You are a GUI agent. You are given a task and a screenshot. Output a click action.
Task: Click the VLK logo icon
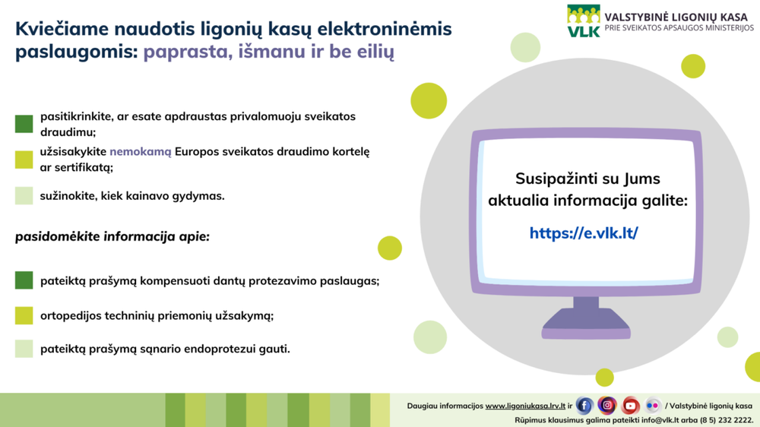pyautogui.click(x=584, y=21)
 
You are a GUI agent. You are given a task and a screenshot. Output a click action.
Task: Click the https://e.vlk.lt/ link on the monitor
pyautogui.click(x=584, y=233)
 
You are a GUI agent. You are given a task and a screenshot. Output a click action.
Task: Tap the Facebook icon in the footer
pyautogui.click(x=584, y=406)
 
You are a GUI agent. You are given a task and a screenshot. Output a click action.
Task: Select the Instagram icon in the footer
pyautogui.click(x=606, y=405)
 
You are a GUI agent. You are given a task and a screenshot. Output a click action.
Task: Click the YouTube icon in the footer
pyautogui.click(x=630, y=405)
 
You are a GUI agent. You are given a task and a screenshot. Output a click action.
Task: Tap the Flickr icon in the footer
pyautogui.click(x=653, y=405)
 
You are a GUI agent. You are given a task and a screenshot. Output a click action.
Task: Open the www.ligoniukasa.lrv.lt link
pyautogui.click(x=525, y=406)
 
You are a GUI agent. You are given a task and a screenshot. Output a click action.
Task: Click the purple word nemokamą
pyautogui.click(x=141, y=152)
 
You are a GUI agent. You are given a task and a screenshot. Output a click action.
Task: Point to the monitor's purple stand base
pyautogui.click(x=586, y=324)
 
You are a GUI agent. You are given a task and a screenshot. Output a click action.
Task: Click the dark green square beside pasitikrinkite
pyautogui.click(x=24, y=124)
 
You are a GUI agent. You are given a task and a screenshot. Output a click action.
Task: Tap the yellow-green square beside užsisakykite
pyautogui.click(x=24, y=160)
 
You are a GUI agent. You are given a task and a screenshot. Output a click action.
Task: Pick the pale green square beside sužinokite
pyautogui.click(x=24, y=195)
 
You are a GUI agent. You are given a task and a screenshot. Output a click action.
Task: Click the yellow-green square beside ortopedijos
pyautogui.click(x=24, y=315)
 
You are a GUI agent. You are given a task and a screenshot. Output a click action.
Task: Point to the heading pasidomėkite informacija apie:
pyautogui.click(x=112, y=237)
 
